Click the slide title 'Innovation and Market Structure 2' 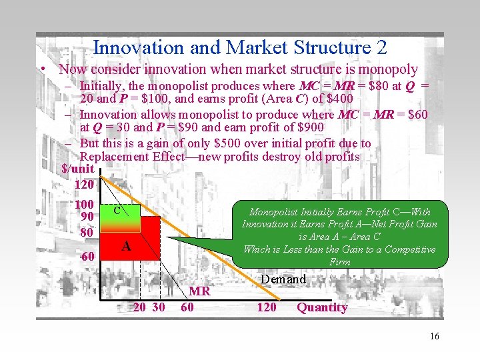[x=240, y=47]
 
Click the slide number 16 [x=435, y=336]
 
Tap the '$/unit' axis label [x=77, y=169]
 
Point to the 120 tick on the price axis [x=84, y=184]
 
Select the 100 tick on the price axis [x=84, y=205]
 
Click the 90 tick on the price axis [x=87, y=217]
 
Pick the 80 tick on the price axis [x=87, y=233]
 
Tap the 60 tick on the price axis [x=87, y=257]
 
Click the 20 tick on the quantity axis [x=140, y=307]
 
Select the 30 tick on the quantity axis [x=159, y=307]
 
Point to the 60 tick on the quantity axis [x=187, y=307]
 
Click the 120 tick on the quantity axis [x=267, y=307]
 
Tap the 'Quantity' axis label [x=322, y=307]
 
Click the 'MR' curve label [x=200, y=291]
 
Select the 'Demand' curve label [x=283, y=279]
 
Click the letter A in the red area [x=125, y=247]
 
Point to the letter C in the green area [x=116, y=211]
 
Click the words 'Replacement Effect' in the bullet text [x=133, y=157]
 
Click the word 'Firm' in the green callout [x=339, y=262]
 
